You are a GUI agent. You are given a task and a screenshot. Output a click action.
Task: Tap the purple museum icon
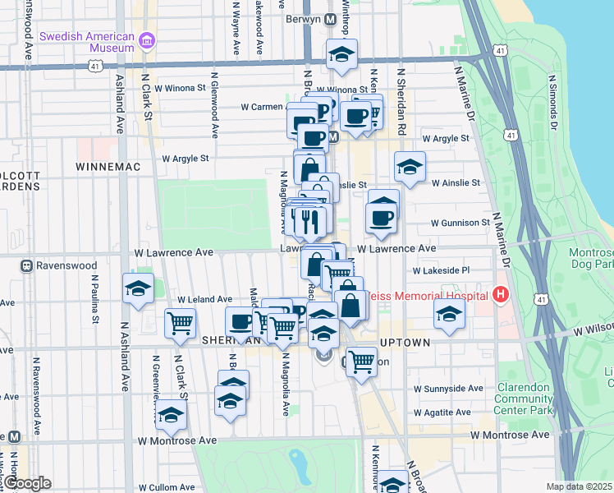[147, 41]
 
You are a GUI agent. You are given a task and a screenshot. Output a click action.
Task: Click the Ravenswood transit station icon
[26, 266]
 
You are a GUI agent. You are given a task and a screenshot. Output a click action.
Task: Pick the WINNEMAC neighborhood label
[109, 166]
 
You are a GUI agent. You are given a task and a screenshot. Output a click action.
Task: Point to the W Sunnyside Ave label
[448, 389]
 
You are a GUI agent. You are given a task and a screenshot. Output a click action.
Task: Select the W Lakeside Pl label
[442, 270]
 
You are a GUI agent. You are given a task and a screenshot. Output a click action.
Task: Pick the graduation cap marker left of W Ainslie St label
[410, 168]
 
